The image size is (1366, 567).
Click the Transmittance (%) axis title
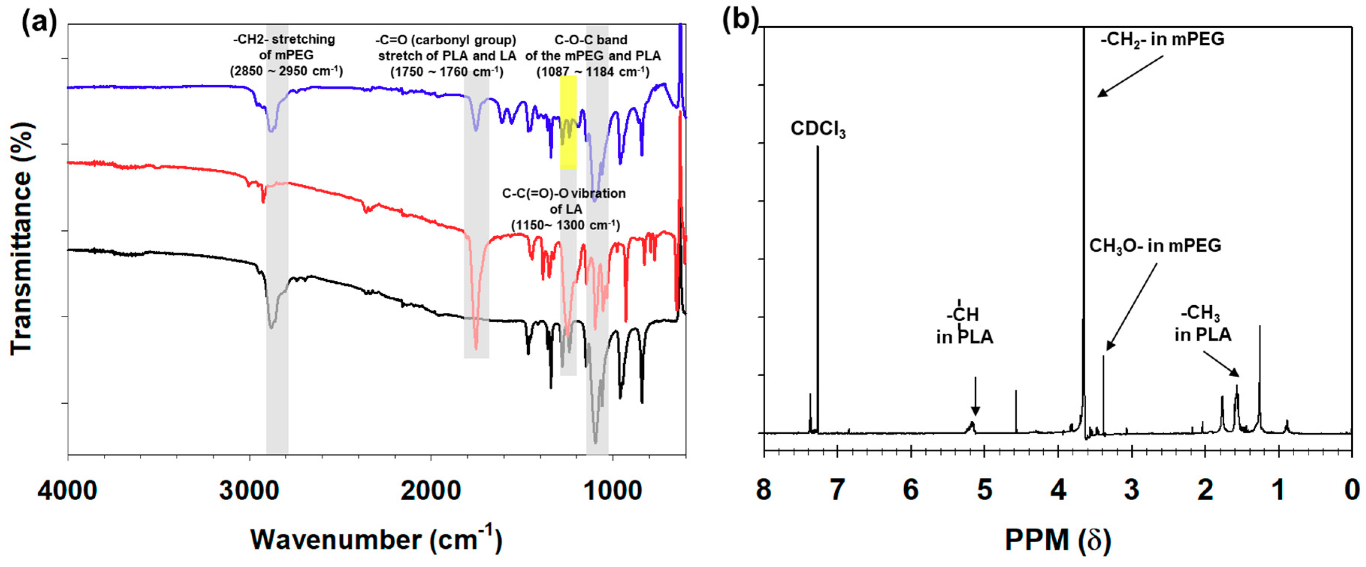click(x=22, y=238)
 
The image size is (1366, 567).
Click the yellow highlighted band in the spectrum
click(x=568, y=122)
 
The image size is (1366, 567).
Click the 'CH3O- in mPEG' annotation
click(x=1155, y=246)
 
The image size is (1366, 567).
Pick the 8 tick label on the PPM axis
click(x=764, y=490)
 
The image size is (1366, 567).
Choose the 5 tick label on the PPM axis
click(x=984, y=490)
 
